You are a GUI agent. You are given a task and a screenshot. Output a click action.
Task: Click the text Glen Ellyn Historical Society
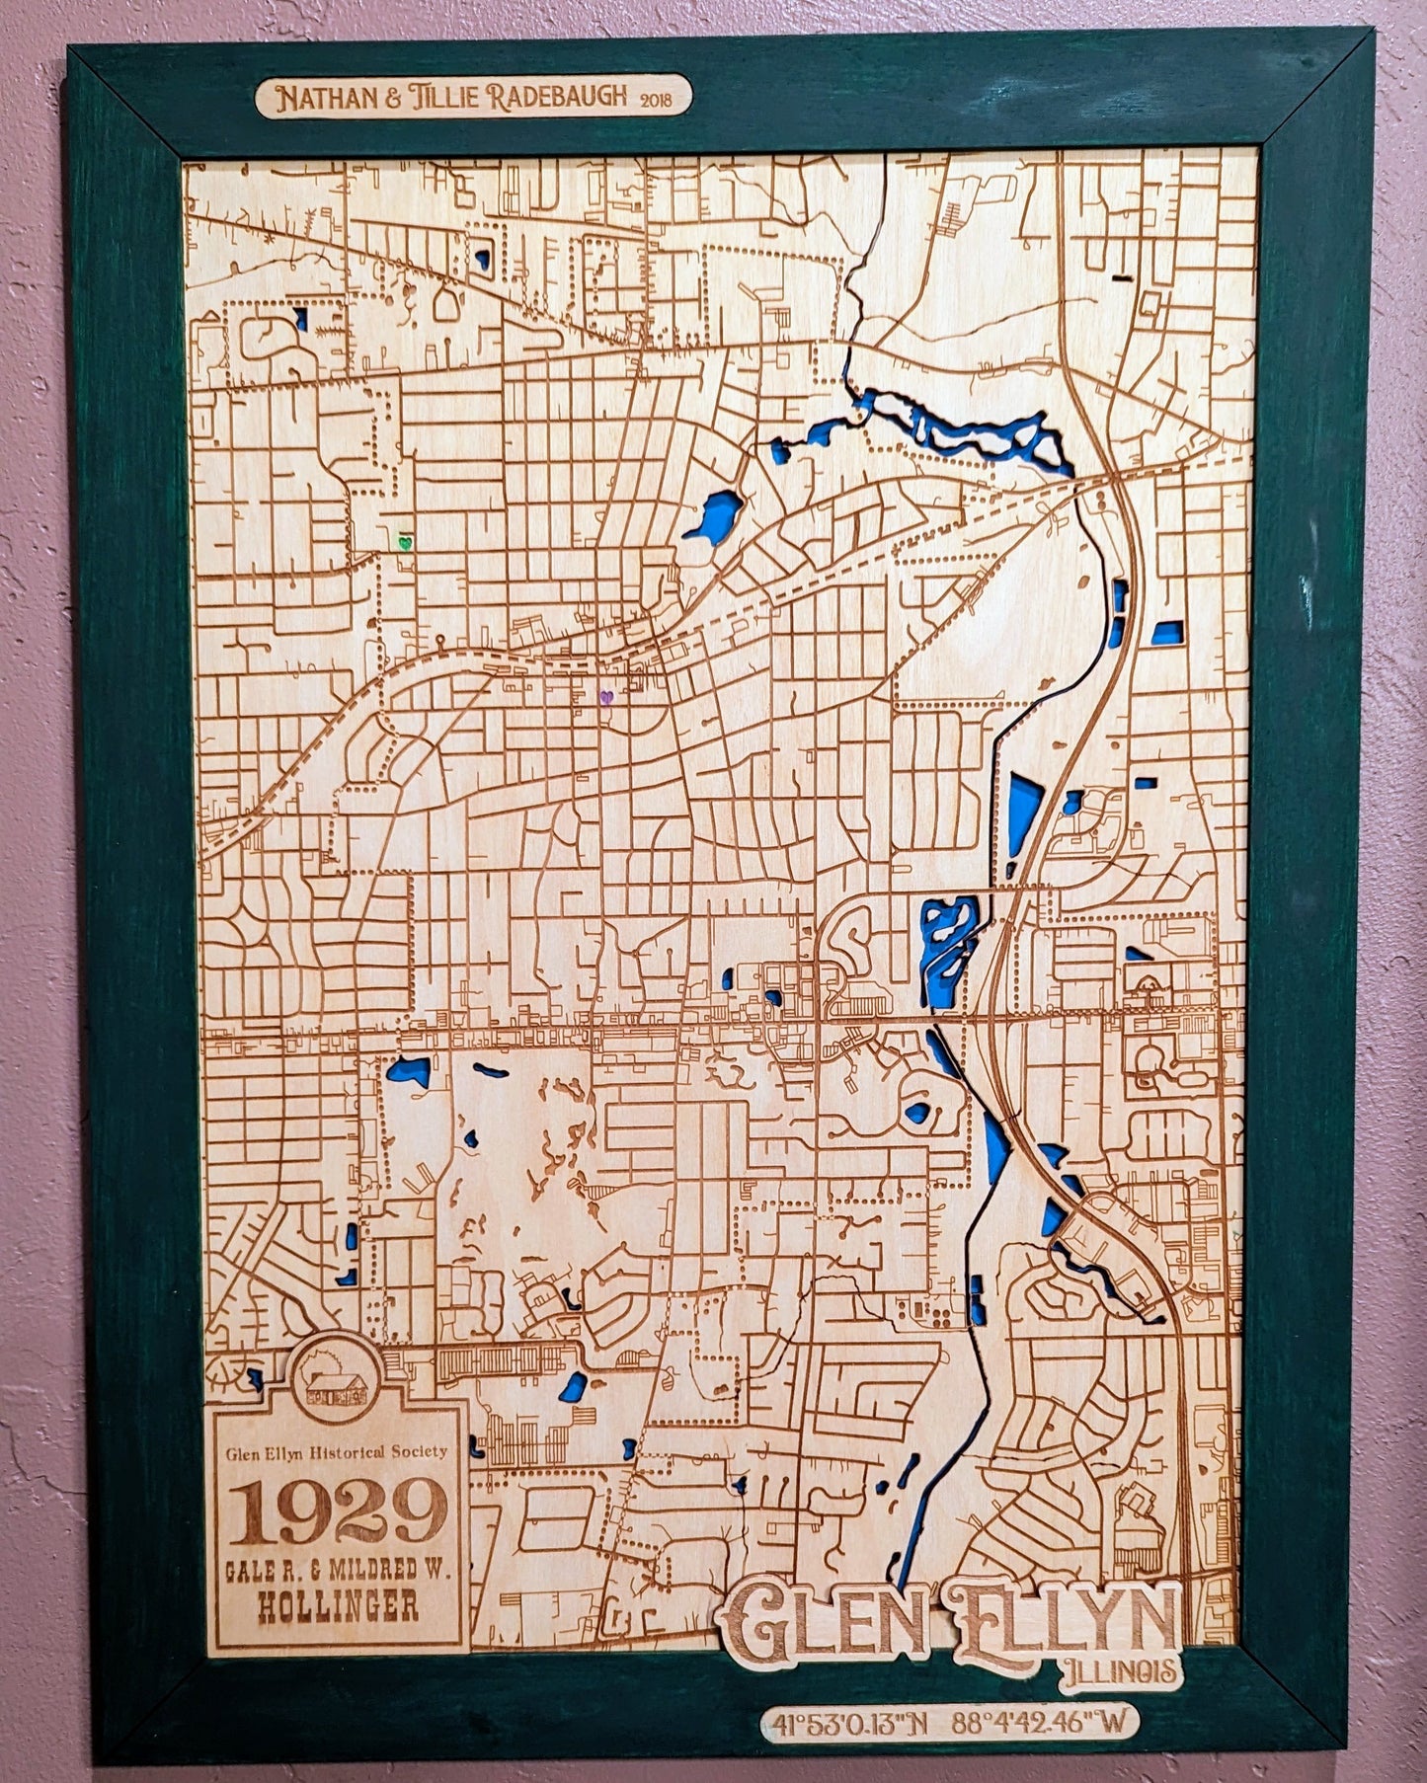click(x=336, y=1451)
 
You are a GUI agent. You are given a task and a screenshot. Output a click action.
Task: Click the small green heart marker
click(x=403, y=542)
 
